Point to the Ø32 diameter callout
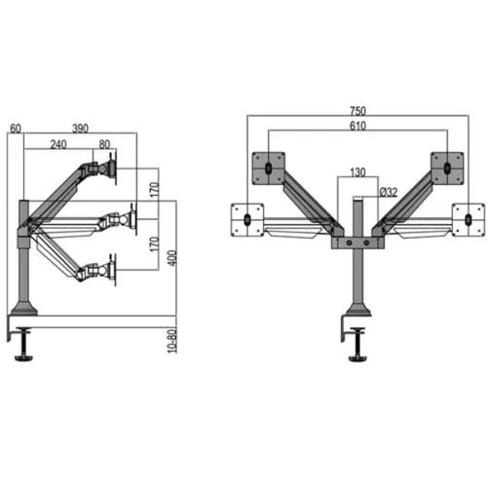click(x=374, y=191)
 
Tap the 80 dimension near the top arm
click(x=104, y=143)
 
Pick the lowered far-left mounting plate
click(x=246, y=217)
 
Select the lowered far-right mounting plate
click(x=468, y=217)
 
